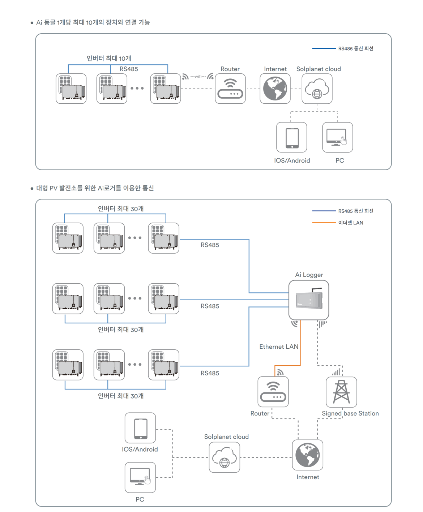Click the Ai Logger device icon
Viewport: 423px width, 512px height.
point(309,300)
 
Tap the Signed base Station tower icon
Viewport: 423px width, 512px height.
point(341,392)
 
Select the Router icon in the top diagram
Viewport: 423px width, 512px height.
point(230,89)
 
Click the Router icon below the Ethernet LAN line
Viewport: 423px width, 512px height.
point(273,392)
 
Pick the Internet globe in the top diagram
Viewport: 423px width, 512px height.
point(275,89)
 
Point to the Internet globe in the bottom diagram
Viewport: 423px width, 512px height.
point(308,455)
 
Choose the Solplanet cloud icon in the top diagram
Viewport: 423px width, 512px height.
point(317,89)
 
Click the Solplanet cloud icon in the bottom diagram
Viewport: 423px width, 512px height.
point(225,457)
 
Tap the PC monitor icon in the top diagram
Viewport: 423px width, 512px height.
point(337,137)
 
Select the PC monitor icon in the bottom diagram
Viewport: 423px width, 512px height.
point(140,477)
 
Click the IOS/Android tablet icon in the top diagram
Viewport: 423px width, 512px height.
point(292,137)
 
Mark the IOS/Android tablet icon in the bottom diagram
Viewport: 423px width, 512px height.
point(140,428)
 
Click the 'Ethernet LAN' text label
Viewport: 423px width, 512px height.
point(279,347)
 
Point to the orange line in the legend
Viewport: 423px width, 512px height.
point(324,223)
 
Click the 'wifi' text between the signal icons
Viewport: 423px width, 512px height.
point(198,77)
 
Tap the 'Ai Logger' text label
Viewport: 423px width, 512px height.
point(309,275)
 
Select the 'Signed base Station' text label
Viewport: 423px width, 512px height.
point(350,413)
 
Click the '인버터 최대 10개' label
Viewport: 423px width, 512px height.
point(109,59)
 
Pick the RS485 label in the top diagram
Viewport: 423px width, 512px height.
point(129,69)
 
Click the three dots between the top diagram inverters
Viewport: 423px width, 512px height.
point(137,88)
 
